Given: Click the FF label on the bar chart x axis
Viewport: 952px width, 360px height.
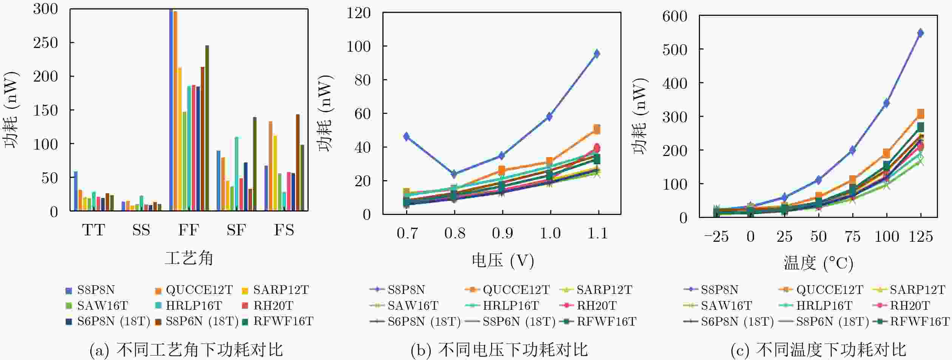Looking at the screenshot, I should tap(188, 230).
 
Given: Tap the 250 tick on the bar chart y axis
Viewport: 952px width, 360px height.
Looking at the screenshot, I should tap(45, 43).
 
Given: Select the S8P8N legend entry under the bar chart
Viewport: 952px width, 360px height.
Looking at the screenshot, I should tap(91, 290).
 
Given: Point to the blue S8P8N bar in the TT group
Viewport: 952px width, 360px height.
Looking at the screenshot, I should tap(76, 191).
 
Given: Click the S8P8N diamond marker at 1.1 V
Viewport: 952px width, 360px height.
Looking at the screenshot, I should tap(597, 54).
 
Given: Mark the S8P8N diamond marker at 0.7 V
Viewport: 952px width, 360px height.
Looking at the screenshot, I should tap(406, 136).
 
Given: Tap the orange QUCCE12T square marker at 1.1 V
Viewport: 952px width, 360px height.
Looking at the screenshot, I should tap(597, 130).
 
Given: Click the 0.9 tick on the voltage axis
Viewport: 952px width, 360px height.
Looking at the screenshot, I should tap(502, 233).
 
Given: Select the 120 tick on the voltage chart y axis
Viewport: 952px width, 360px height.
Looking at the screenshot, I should tap(359, 13).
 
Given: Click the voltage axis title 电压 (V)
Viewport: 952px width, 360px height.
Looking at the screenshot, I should tap(502, 261).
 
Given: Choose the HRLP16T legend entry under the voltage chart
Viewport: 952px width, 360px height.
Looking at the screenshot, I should tap(506, 306).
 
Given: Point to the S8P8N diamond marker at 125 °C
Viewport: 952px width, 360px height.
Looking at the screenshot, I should tap(921, 33).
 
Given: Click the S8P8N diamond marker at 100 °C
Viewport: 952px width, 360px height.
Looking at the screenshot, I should tap(887, 103).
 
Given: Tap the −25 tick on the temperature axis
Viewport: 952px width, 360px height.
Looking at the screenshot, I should tap(716, 237).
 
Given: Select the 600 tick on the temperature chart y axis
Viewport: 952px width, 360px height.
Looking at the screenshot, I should tap(675, 16).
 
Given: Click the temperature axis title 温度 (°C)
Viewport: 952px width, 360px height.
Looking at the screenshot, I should tap(818, 263).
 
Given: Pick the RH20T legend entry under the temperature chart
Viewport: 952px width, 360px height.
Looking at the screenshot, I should tap(905, 306).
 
